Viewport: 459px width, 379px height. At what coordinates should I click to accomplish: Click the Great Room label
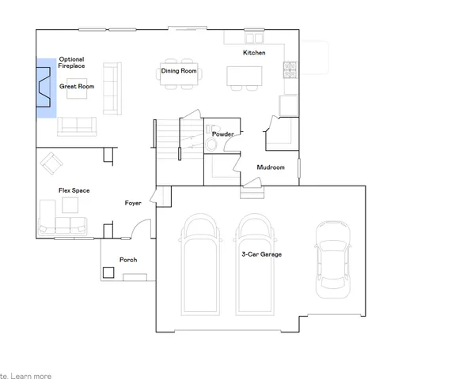pyautogui.click(x=76, y=87)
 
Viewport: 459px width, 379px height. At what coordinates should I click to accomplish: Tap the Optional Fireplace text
pyautogui.click(x=71, y=62)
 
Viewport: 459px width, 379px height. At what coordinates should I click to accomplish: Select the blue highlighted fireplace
pyautogui.click(x=45, y=88)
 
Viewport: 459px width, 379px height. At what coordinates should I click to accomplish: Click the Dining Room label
pyautogui.click(x=178, y=71)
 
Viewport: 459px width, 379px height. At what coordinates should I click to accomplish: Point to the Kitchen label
pyautogui.click(x=254, y=53)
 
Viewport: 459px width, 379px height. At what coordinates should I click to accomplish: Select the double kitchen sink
pyautogui.click(x=254, y=37)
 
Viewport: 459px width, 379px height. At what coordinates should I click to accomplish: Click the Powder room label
pyautogui.click(x=222, y=134)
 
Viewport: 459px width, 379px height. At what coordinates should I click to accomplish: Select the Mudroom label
pyautogui.click(x=271, y=167)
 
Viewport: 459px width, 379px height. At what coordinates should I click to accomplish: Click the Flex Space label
pyautogui.click(x=74, y=191)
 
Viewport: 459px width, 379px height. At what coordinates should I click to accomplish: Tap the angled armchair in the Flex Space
pyautogui.click(x=51, y=163)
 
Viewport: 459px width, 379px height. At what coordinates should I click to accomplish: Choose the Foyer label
pyautogui.click(x=133, y=203)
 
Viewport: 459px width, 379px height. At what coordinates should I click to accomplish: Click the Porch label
pyautogui.click(x=127, y=260)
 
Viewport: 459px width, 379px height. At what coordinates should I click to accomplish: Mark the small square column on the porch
pyautogui.click(x=108, y=273)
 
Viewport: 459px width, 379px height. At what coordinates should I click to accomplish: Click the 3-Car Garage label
pyautogui.click(x=261, y=254)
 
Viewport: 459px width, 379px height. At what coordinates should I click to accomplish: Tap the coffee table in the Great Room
pyautogui.click(x=77, y=94)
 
